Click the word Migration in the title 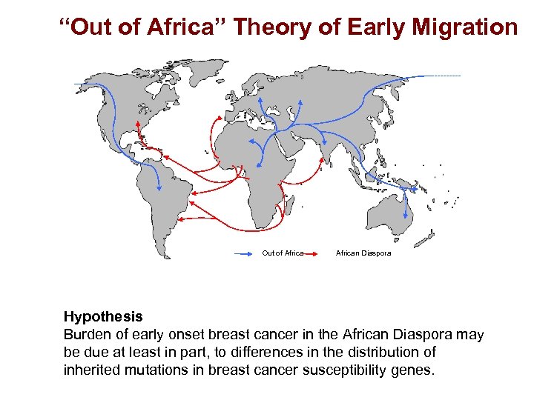[x=465, y=28]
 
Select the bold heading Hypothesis [x=103, y=317]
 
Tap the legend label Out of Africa [x=283, y=253]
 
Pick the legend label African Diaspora [x=363, y=253]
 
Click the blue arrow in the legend [x=247, y=253]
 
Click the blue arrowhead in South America [x=158, y=186]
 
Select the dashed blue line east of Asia [x=441, y=76]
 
